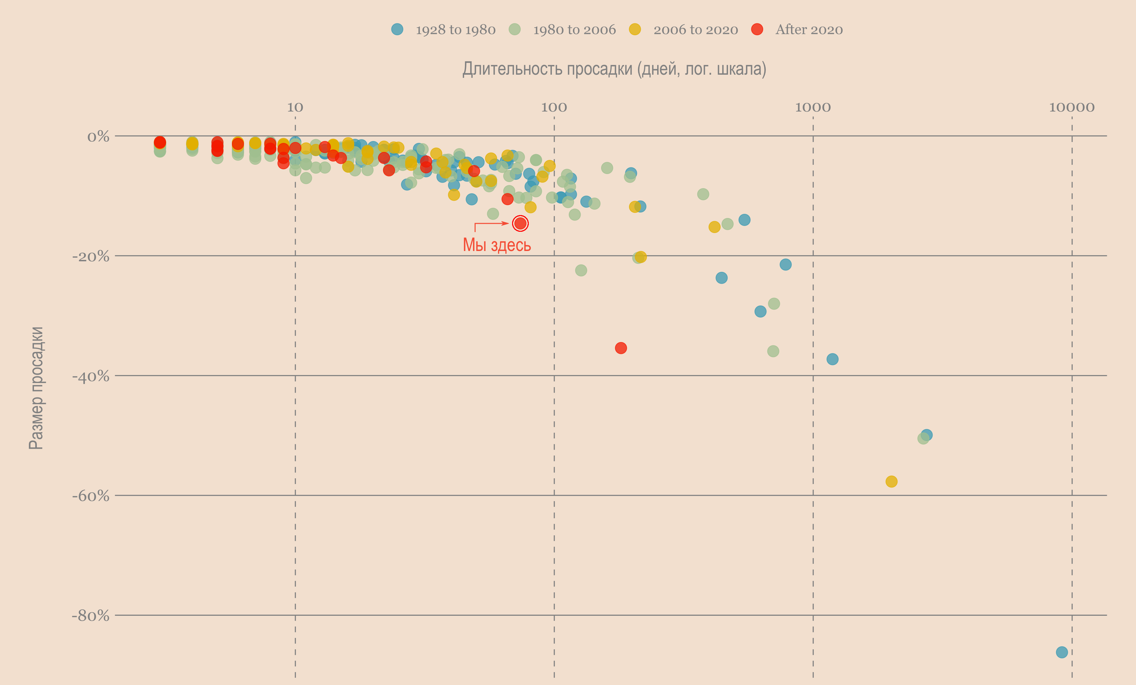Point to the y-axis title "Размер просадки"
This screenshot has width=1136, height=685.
click(36, 388)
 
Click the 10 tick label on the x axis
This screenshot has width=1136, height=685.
click(295, 107)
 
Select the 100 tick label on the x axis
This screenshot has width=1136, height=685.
click(554, 107)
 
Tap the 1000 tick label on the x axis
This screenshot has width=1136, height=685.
click(813, 107)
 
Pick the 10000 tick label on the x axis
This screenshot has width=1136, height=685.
click(1071, 107)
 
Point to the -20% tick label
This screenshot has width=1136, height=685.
click(91, 256)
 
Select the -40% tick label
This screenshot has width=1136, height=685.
click(91, 376)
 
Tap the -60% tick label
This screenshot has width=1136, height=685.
click(91, 496)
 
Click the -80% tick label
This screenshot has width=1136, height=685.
click(91, 616)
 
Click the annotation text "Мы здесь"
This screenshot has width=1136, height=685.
click(496, 245)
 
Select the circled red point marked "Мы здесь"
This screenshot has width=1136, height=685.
click(520, 224)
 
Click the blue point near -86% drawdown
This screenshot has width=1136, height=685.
click(1062, 652)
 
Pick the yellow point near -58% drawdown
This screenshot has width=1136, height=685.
click(891, 481)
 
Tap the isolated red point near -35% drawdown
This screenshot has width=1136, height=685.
click(621, 348)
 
